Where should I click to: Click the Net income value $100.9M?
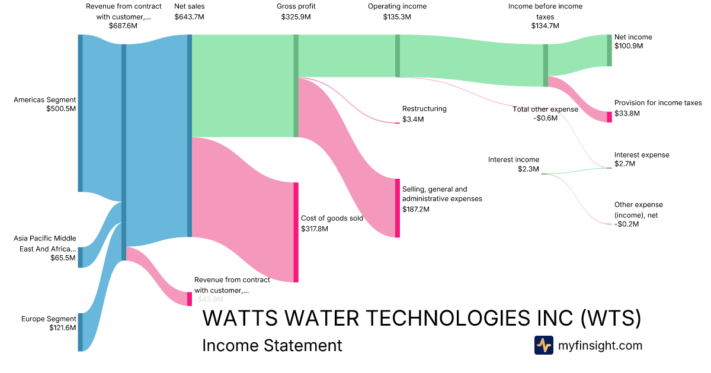click(629, 46)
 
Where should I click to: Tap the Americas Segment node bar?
click(81, 113)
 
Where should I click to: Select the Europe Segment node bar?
click(81, 332)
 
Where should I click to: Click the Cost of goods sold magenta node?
click(296, 232)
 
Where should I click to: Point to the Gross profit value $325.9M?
click(296, 17)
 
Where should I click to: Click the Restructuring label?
click(424, 109)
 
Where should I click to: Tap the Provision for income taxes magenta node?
click(610, 117)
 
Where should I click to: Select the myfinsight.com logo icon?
click(544, 345)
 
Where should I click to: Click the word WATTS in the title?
click(240, 318)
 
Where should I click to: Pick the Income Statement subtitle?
click(272, 345)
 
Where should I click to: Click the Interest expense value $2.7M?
click(624, 164)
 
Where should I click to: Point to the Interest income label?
click(514, 159)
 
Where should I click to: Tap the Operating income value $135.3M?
click(397, 17)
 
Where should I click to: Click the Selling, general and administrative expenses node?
click(398, 208)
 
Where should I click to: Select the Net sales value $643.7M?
click(189, 17)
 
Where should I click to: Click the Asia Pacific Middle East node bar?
click(81, 257)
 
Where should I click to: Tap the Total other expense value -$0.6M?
click(545, 118)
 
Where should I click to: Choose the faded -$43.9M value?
click(209, 300)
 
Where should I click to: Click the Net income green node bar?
click(610, 50)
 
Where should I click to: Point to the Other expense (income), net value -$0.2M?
click(627, 224)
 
